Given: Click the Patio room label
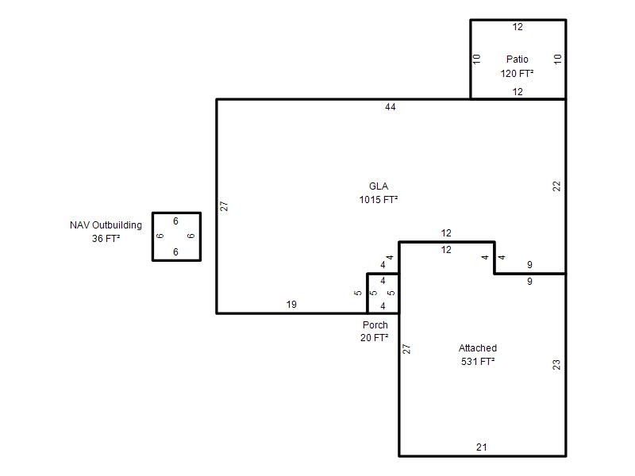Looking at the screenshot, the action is click(x=518, y=59).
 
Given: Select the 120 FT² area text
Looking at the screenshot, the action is click(x=517, y=73).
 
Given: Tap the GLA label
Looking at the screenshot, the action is click(x=379, y=186).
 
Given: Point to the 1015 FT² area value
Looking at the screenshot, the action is click(x=379, y=200).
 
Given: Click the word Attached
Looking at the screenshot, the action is click(x=478, y=347).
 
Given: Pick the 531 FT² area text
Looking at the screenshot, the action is click(x=478, y=362).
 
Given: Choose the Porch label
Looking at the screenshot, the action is click(x=375, y=324).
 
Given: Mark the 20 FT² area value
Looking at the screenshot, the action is click(x=375, y=338).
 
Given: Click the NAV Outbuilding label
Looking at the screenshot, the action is click(x=106, y=225).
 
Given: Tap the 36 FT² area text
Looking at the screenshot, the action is click(x=106, y=239).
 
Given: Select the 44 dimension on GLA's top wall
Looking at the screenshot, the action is click(x=391, y=107).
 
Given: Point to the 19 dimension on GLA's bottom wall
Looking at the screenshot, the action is click(x=291, y=305).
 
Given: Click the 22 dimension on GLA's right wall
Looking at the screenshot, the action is click(x=557, y=186).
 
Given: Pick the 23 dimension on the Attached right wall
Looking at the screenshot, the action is click(x=557, y=365).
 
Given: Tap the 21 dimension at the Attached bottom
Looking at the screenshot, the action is click(x=482, y=447).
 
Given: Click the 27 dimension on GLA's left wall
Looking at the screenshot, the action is click(x=224, y=206).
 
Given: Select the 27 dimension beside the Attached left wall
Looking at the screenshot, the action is click(x=406, y=349).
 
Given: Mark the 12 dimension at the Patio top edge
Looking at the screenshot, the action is click(x=518, y=27).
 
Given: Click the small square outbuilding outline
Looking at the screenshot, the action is click(x=152, y=236).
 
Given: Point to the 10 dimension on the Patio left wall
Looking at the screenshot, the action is click(x=477, y=59).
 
